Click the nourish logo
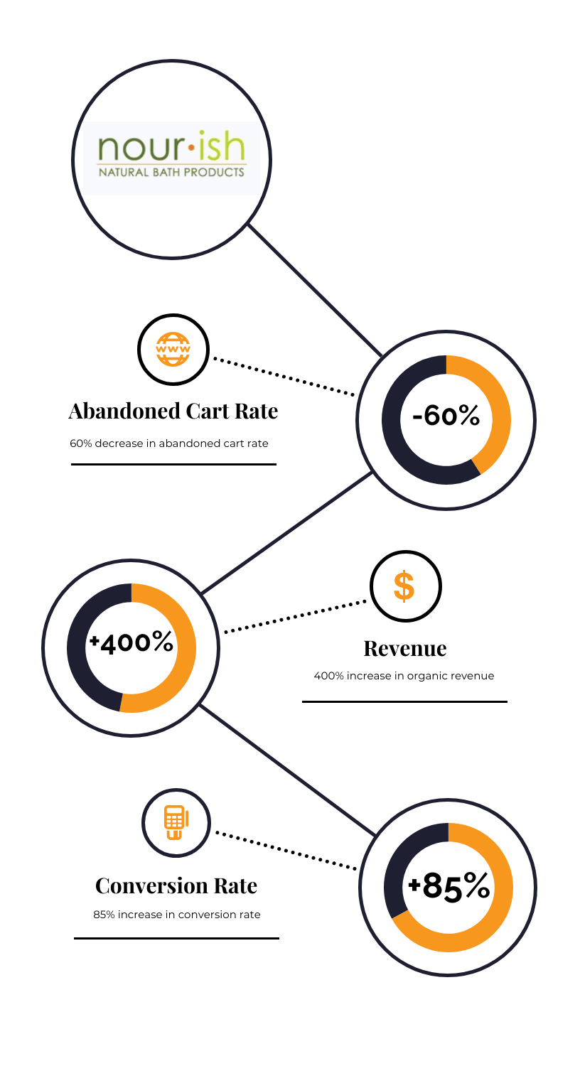[x=171, y=158]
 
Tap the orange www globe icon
[x=173, y=350]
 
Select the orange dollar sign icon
[x=404, y=586]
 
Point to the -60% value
[x=446, y=416]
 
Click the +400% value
[x=131, y=642]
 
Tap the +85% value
[x=449, y=886]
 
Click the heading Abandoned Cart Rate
[x=173, y=411]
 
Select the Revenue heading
[x=405, y=649]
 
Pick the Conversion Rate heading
[x=176, y=886]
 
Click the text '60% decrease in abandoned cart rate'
[x=169, y=443]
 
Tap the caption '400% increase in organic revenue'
[x=404, y=676]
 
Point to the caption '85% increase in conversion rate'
[x=176, y=915]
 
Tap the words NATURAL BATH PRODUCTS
[x=171, y=172]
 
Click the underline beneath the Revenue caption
[x=404, y=701]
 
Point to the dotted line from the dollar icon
[x=295, y=617]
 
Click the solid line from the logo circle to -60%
[x=315, y=290]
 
